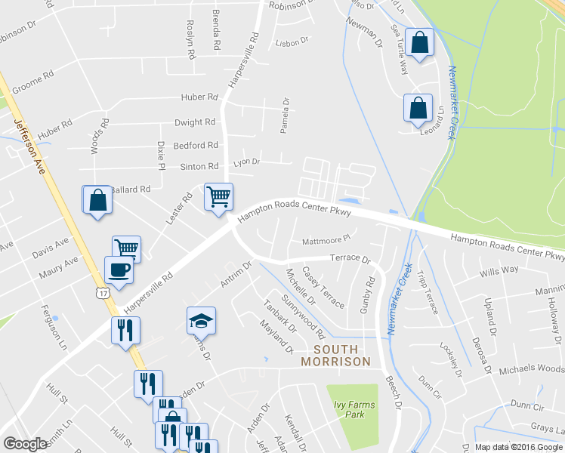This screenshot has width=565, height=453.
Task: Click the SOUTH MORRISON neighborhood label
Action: [x=335, y=355]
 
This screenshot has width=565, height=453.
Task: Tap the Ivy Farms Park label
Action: [x=355, y=409]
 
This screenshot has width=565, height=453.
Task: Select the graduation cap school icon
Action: [x=202, y=321]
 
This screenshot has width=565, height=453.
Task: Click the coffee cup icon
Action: [x=119, y=270]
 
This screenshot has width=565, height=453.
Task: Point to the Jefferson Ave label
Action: [x=27, y=144]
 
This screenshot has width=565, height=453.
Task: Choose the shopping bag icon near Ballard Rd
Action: [x=97, y=201]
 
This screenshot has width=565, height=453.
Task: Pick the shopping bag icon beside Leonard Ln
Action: [x=418, y=109]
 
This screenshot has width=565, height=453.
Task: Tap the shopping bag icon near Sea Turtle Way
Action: [x=419, y=43]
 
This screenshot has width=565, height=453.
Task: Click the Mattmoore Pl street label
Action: [x=326, y=239]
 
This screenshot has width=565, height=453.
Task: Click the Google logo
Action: [x=26, y=444]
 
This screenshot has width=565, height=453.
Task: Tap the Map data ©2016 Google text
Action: [x=519, y=447]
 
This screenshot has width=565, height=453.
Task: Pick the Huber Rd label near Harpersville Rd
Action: [x=199, y=97]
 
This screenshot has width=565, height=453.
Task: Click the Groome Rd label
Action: [x=32, y=76]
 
